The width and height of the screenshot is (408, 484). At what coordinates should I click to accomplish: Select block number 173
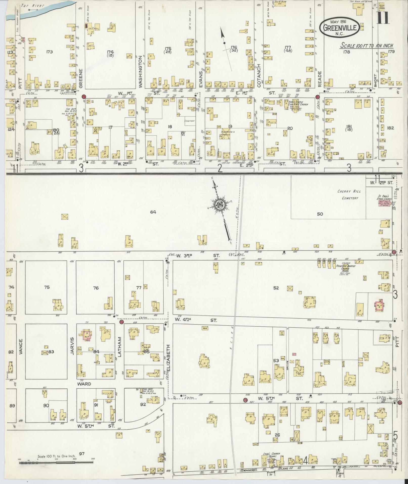coord(49,52)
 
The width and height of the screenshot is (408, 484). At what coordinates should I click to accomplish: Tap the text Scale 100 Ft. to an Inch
coord(367,46)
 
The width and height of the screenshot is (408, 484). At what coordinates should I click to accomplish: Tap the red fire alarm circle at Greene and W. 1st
coord(84,96)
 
